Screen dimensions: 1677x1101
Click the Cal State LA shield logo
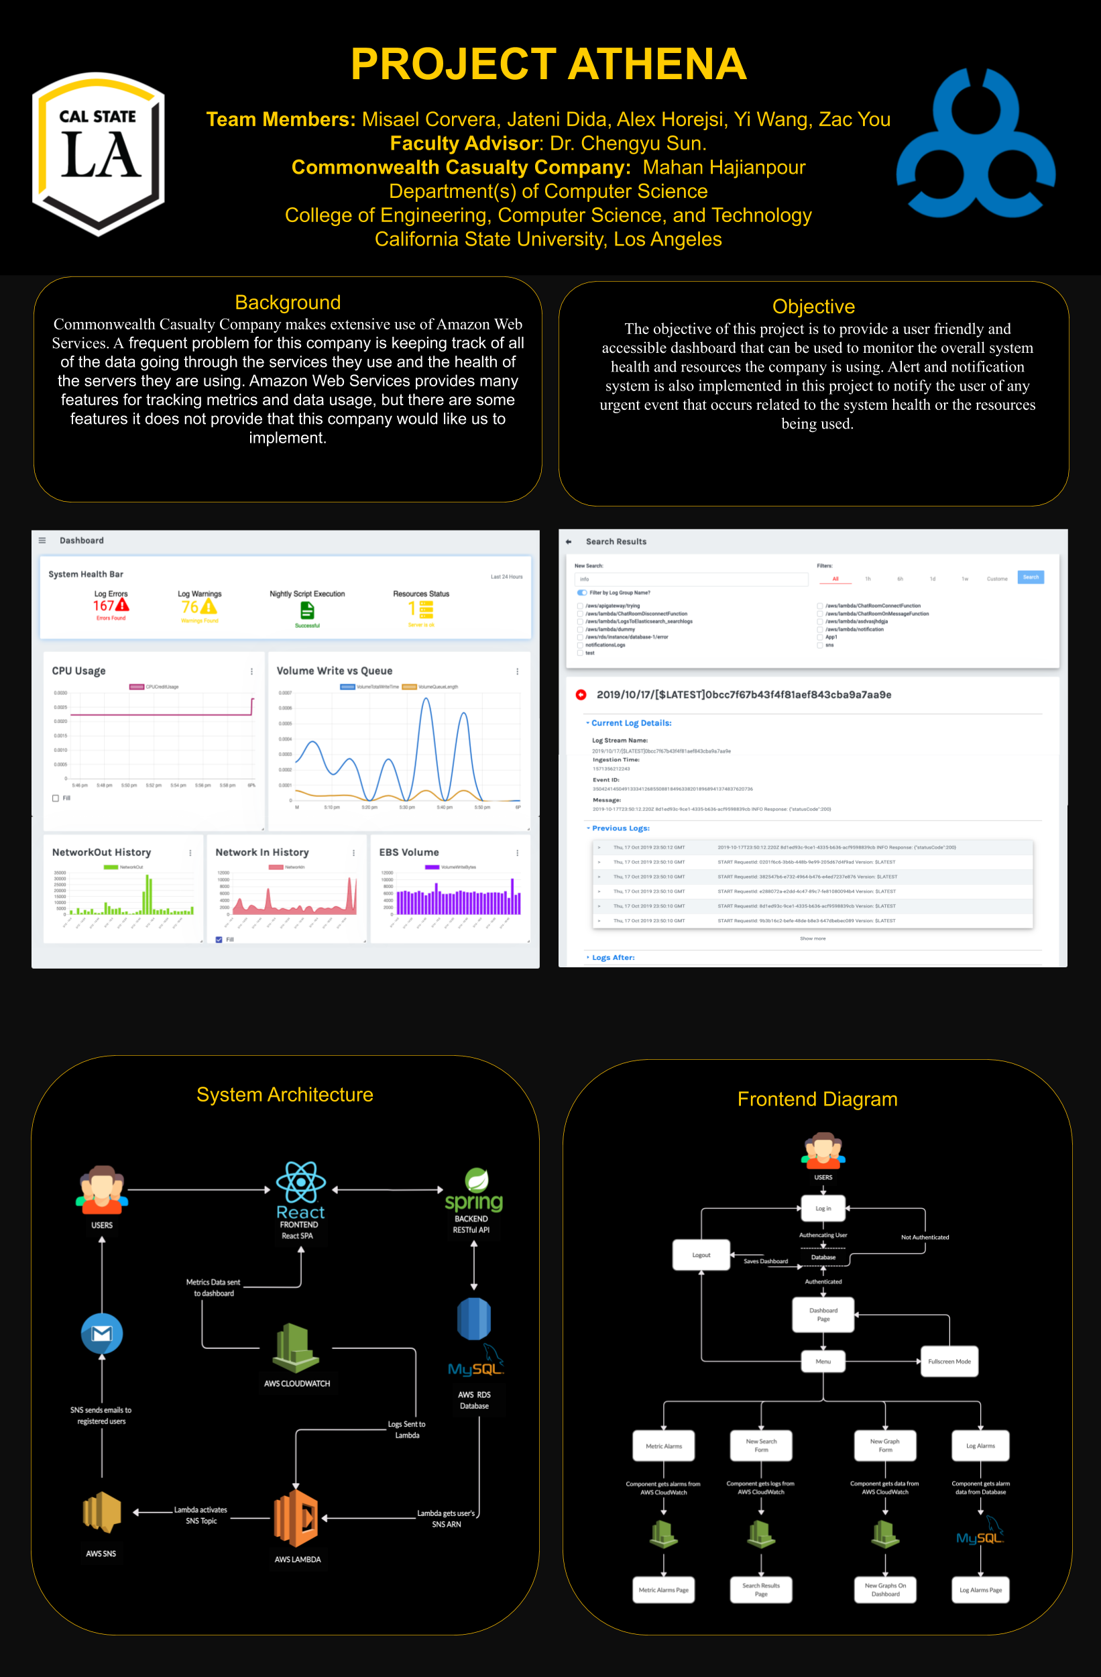click(99, 153)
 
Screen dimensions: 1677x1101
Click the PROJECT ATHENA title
click(548, 64)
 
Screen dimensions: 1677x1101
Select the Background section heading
click(288, 303)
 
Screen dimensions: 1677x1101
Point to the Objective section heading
click(813, 307)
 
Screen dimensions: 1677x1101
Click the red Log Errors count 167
click(103, 606)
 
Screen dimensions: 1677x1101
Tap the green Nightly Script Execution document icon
click(307, 610)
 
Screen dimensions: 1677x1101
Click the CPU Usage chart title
click(79, 671)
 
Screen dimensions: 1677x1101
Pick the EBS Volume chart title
click(408, 852)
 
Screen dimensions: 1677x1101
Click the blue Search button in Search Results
click(1030, 577)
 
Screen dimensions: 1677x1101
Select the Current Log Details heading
click(631, 723)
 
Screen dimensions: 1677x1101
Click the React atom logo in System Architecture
click(301, 1183)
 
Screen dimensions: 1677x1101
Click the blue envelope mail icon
click(102, 1333)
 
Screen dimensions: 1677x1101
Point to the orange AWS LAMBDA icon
click(297, 1518)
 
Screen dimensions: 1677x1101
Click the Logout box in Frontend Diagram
click(701, 1255)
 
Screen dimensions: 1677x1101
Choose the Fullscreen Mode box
click(949, 1361)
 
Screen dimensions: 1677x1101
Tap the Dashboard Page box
click(823, 1315)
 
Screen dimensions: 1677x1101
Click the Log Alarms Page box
click(980, 1590)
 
